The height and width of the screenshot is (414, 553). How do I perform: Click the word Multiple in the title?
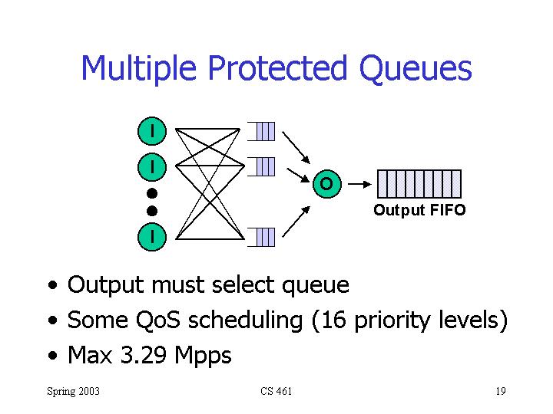[138, 68]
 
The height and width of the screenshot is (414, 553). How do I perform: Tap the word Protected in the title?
[277, 67]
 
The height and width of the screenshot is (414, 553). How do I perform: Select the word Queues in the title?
[416, 69]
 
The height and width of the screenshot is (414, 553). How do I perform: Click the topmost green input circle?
[152, 131]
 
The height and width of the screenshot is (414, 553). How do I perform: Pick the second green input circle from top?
[152, 167]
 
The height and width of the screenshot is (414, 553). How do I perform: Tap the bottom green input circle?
[152, 237]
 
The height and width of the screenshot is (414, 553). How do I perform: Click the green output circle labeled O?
[327, 184]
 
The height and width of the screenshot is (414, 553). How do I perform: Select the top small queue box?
[261, 131]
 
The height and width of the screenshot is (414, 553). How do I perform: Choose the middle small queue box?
[261, 166]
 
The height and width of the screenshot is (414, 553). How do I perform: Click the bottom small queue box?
[261, 237]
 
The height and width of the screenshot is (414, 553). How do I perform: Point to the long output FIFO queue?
[419, 184]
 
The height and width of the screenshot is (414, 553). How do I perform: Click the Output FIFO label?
[419, 210]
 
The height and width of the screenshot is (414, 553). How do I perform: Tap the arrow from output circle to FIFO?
[359, 184]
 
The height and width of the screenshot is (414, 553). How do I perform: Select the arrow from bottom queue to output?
[296, 222]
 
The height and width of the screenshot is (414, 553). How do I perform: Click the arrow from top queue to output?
[296, 147]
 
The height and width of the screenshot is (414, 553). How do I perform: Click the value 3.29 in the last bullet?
[143, 355]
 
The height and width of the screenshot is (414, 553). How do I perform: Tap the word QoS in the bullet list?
[158, 320]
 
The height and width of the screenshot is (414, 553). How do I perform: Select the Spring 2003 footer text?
[74, 392]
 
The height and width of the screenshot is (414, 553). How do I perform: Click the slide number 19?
[501, 391]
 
